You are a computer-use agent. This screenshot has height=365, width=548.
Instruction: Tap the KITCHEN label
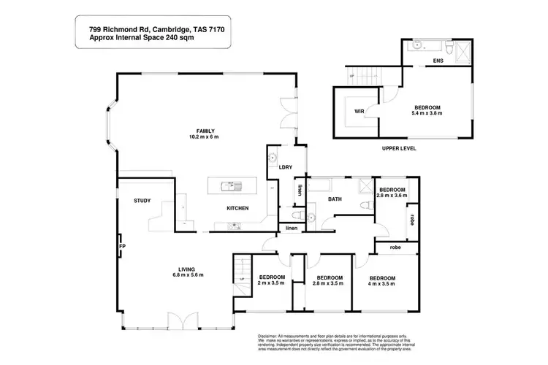coord(237,209)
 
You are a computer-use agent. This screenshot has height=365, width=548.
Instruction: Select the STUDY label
coord(142,201)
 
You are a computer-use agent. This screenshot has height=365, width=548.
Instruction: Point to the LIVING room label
coord(186,268)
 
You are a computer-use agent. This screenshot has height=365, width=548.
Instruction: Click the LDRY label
coord(285,167)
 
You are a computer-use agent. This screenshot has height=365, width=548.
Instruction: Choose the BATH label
coord(335,199)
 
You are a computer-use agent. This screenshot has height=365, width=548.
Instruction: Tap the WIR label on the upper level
coord(359,112)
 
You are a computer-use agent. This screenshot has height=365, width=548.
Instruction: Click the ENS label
coord(438,61)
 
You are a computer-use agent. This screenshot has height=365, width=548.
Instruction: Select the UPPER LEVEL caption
coord(399,148)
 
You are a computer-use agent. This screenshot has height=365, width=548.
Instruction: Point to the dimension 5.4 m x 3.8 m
coord(426,114)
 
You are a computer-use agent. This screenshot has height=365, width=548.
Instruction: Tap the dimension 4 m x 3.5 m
coord(382,284)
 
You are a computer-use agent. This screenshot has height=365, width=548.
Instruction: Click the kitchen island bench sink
coord(232,186)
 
